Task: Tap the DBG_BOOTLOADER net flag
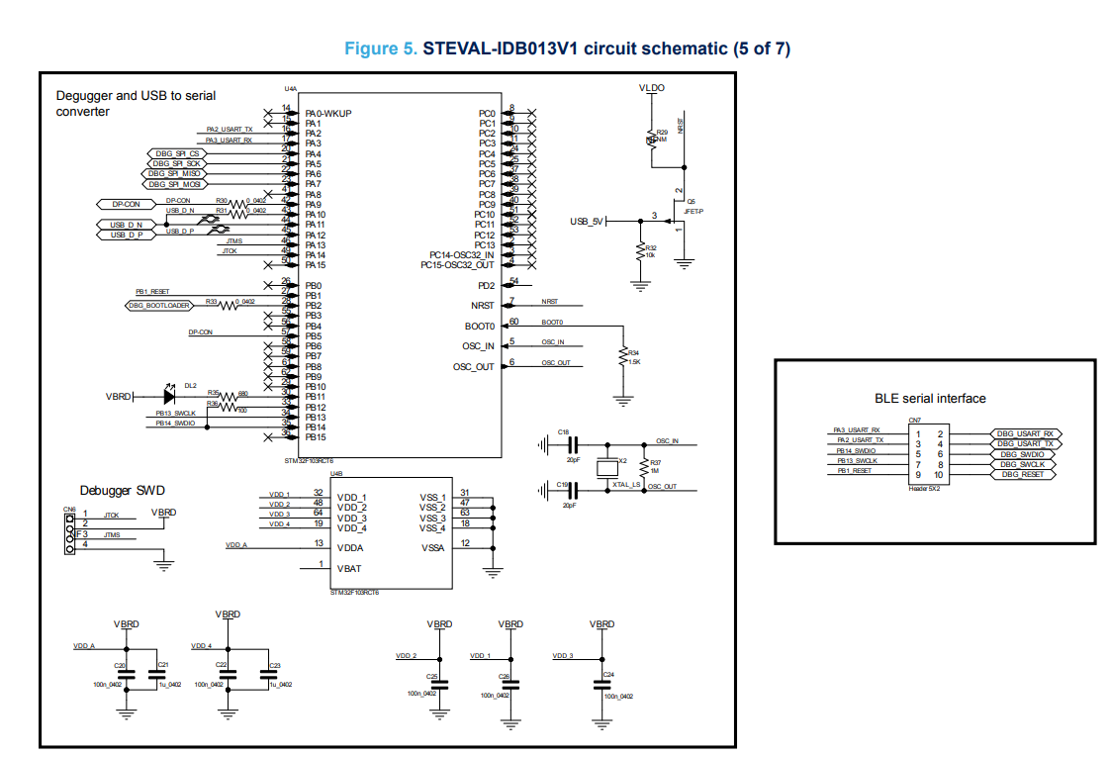coord(158,306)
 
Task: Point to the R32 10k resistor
coord(640,252)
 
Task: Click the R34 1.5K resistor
coord(622,357)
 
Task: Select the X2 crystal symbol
coord(608,466)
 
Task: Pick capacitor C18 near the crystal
coord(571,442)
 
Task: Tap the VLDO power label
coord(652,88)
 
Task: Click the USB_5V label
coord(587,221)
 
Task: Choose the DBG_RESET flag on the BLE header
coord(1023,474)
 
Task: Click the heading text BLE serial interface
coord(930,399)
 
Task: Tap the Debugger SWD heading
coord(123,491)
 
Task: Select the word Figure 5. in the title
coord(381,48)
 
